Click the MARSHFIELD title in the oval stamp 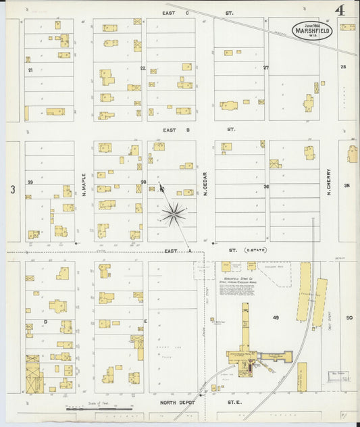tap(312, 30)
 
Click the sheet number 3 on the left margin tap(12, 190)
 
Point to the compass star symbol tap(174, 214)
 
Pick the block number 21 tap(30, 70)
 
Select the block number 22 tap(143, 69)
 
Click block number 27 tap(266, 68)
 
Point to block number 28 tap(343, 67)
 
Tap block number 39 tap(30, 182)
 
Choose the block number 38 tap(143, 182)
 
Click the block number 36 tap(266, 186)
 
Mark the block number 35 tap(347, 185)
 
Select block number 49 tap(275, 317)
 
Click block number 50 tap(349, 317)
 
